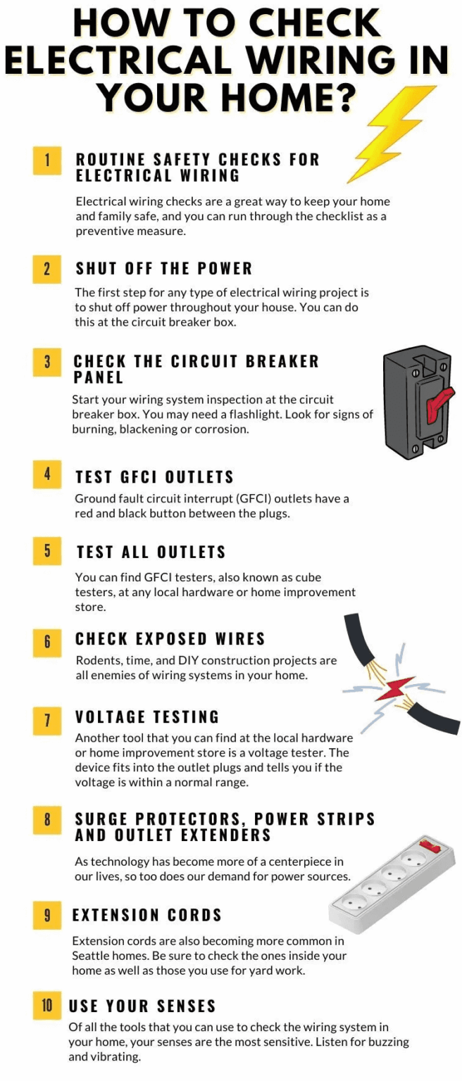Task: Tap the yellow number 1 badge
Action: (47, 160)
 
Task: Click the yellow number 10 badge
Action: (47, 1005)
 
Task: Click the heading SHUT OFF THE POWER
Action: (163, 269)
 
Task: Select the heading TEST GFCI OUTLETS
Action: (154, 477)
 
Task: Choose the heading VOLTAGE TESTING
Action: (147, 717)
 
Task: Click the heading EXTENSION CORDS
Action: (146, 915)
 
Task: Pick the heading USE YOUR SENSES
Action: (142, 1006)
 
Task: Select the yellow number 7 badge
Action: (47, 719)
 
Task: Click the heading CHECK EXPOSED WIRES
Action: (170, 639)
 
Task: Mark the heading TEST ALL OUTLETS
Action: (151, 552)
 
